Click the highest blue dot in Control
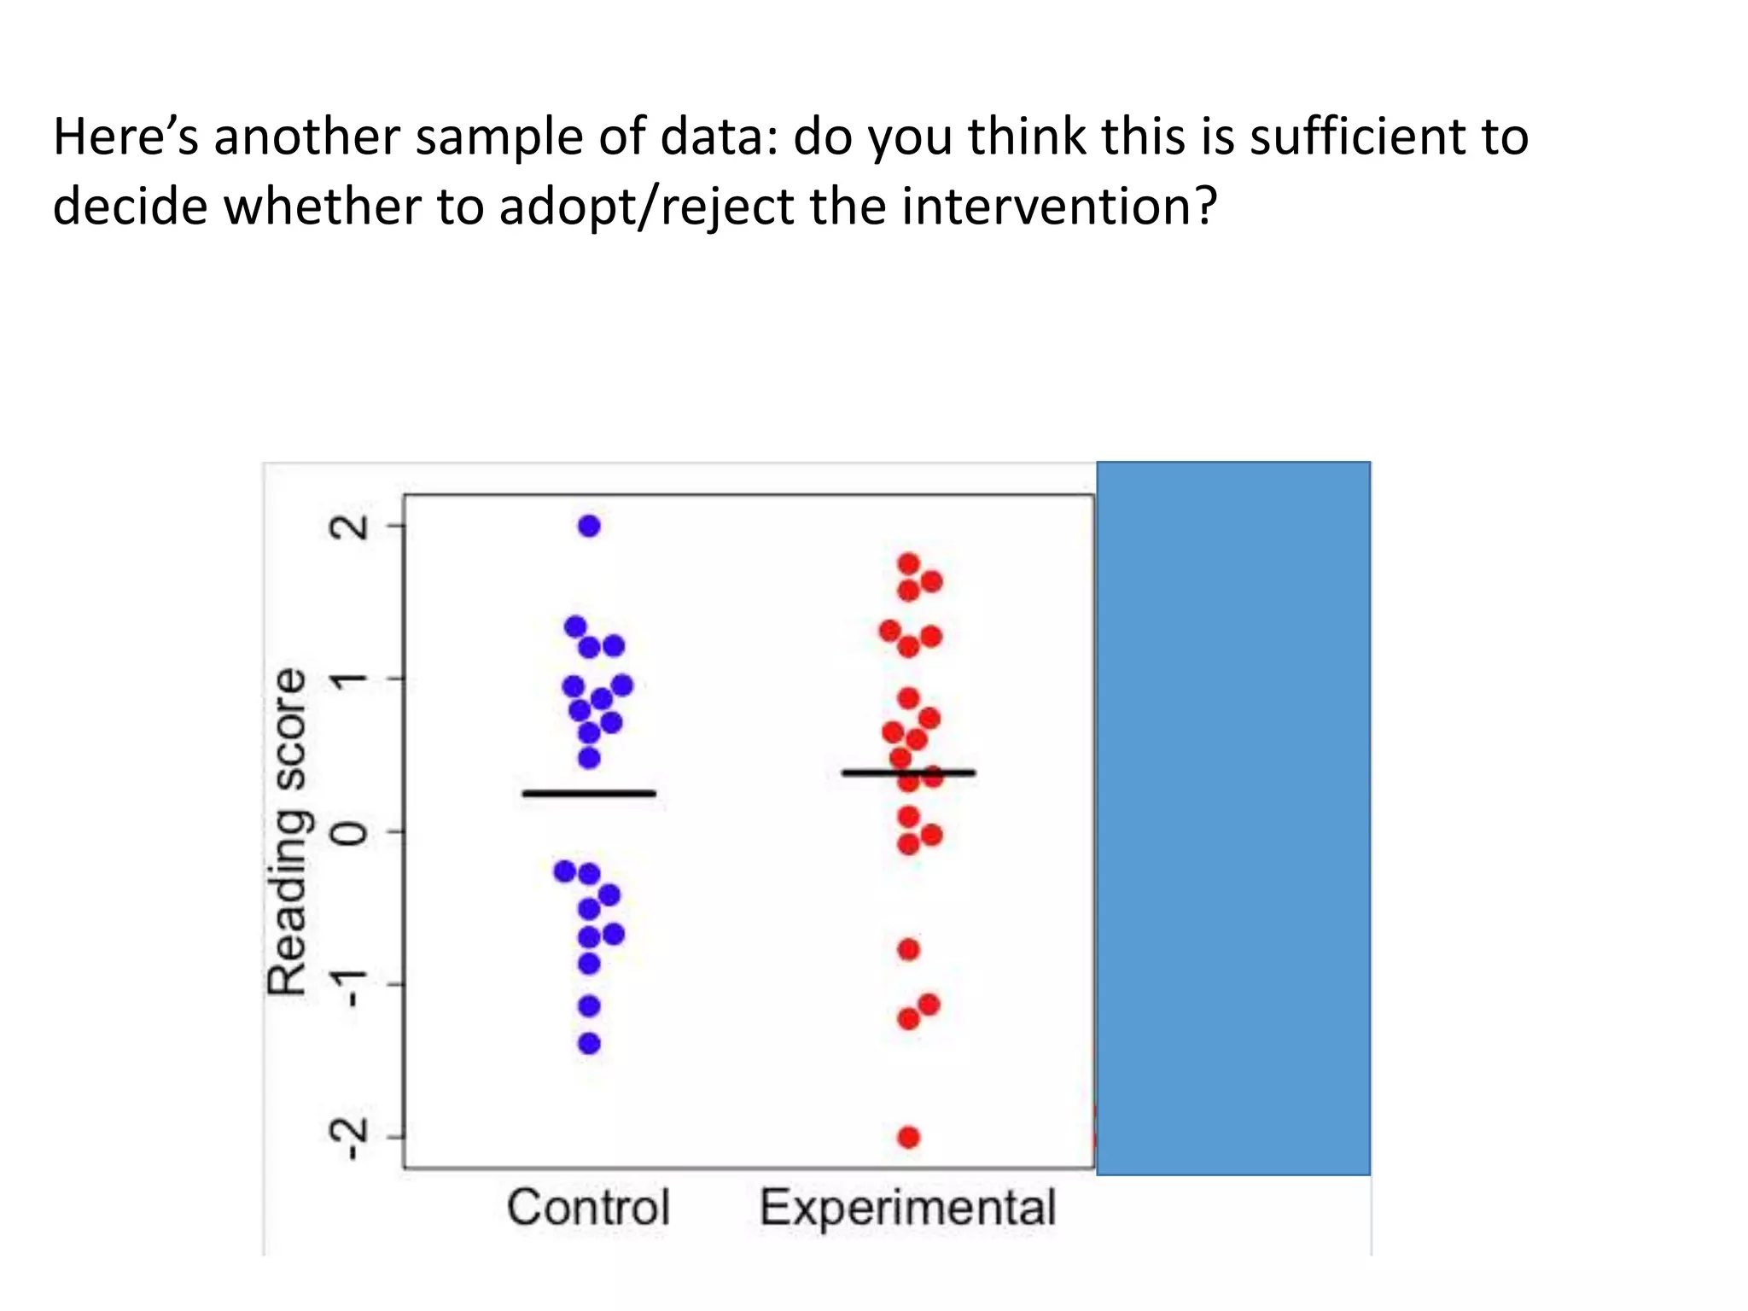click(x=589, y=526)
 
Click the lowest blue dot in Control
click(x=589, y=1043)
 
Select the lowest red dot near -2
click(x=909, y=1137)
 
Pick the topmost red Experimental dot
click(x=909, y=563)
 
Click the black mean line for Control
click(x=589, y=794)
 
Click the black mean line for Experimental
click(x=908, y=773)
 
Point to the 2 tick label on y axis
click(x=350, y=527)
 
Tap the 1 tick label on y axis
click(x=350, y=679)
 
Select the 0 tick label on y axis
click(x=350, y=831)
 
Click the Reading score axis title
click(x=287, y=831)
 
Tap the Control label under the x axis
click(x=588, y=1208)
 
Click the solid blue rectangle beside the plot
click(x=1233, y=818)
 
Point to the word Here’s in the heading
click(x=125, y=137)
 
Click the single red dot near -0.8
click(x=909, y=949)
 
